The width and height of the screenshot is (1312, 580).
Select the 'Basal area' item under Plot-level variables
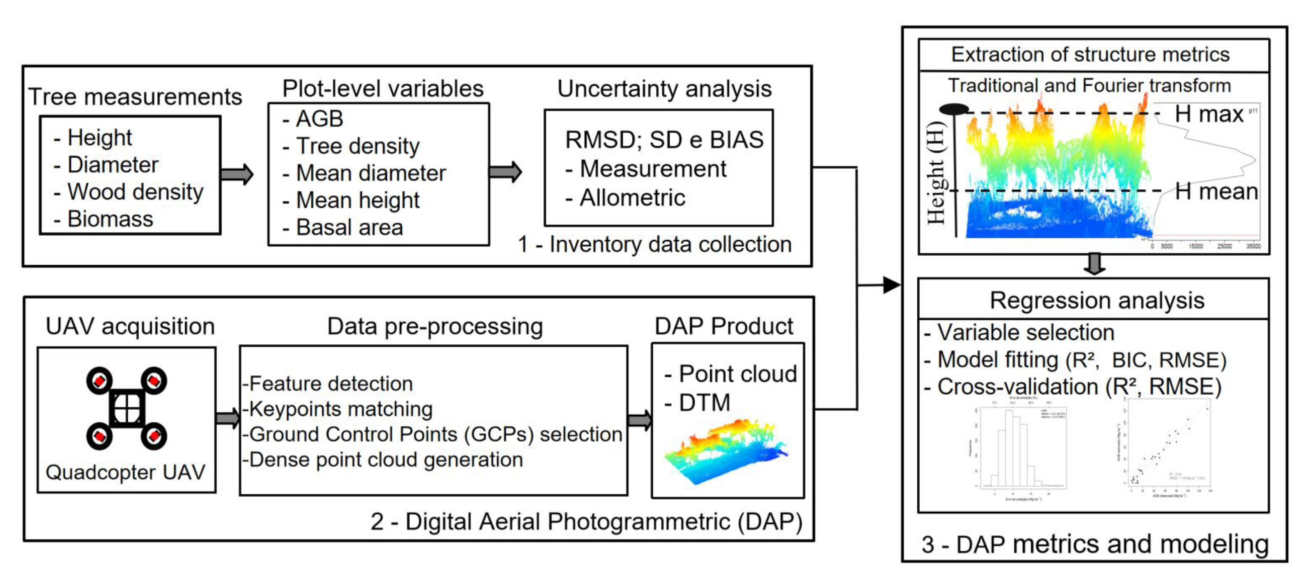(x=349, y=227)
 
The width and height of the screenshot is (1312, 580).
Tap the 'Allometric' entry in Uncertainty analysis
(x=631, y=197)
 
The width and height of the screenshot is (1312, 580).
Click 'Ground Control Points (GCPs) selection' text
(x=435, y=434)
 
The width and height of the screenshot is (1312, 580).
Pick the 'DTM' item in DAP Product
(x=704, y=403)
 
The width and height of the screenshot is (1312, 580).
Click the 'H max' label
(x=1208, y=114)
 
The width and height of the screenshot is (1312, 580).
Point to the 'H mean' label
(x=1215, y=192)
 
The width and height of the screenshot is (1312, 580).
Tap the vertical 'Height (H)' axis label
(x=936, y=173)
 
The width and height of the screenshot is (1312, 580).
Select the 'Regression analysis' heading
(x=1097, y=300)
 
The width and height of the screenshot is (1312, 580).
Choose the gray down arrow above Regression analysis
(x=1094, y=264)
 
